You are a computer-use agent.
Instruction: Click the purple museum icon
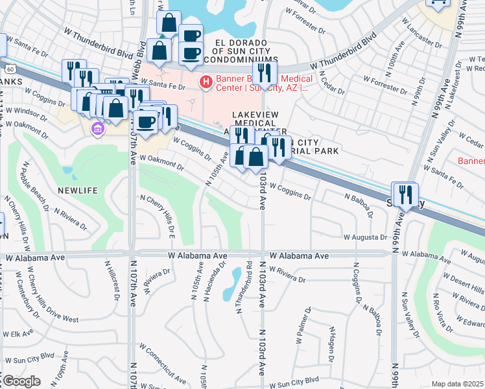pyautogui.click(x=98, y=128)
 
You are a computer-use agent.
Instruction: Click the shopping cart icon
pyautogui.click(x=438, y=3)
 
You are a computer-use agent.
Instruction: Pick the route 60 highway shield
pyautogui.click(x=8, y=67)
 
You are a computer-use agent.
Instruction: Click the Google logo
pyautogui.click(x=21, y=381)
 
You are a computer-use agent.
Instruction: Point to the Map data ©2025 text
pyautogui.click(x=457, y=384)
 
